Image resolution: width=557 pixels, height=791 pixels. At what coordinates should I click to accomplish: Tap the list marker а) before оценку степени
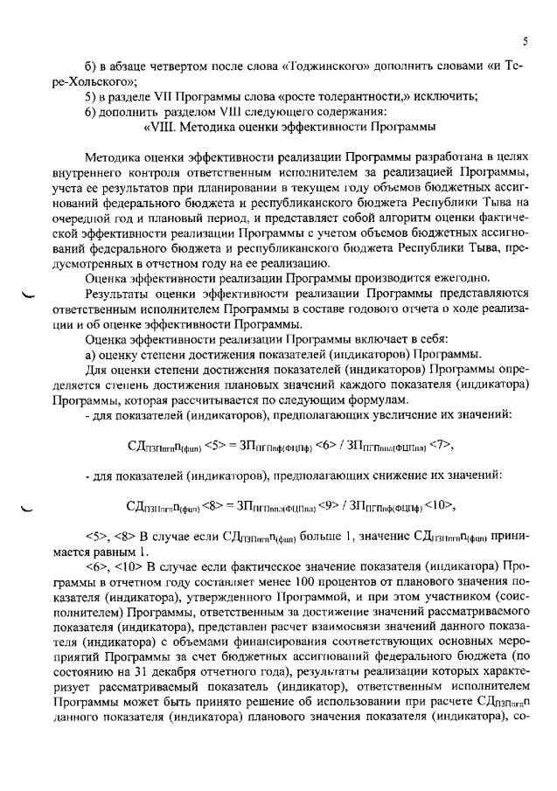tap(91, 352)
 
